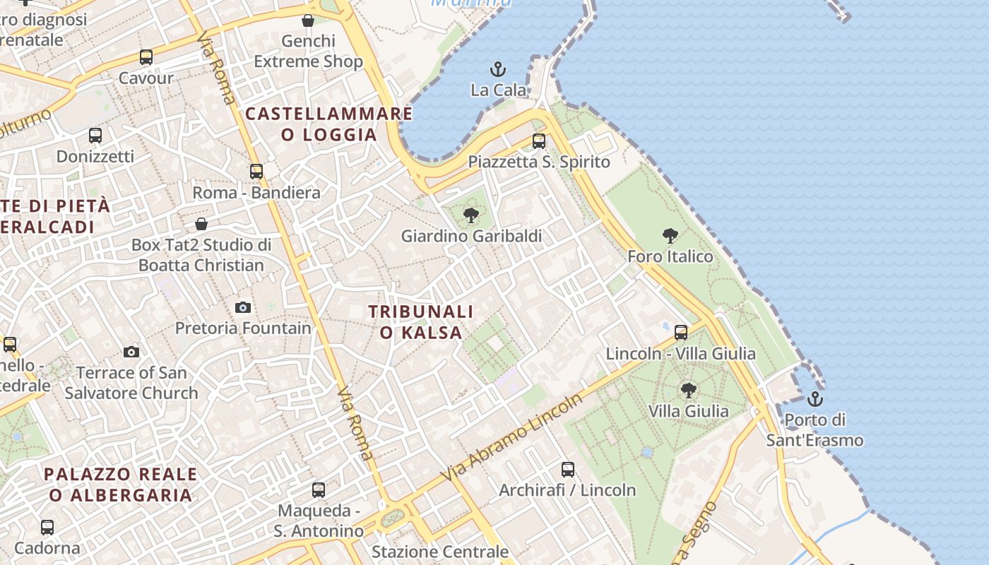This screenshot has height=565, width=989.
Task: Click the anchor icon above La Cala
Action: pyautogui.click(x=499, y=69)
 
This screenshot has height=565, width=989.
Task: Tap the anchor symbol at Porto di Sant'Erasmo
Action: pyautogui.click(x=815, y=399)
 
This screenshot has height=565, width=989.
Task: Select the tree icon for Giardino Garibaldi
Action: pyautogui.click(x=471, y=215)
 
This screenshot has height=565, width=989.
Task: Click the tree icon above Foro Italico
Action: pyautogui.click(x=670, y=236)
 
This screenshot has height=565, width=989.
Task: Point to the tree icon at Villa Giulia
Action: pyautogui.click(x=689, y=390)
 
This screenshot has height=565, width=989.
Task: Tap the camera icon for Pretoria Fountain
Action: pyautogui.click(x=243, y=307)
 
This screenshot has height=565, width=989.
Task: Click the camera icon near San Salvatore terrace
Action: pyautogui.click(x=131, y=352)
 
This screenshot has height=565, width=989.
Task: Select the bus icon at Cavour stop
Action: pyautogui.click(x=146, y=57)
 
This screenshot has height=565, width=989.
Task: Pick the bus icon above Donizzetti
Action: pyautogui.click(x=95, y=135)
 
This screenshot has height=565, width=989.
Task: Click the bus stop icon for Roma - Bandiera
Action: pyautogui.click(x=256, y=171)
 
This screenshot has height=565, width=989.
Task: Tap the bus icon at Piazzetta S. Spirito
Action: pyautogui.click(x=539, y=141)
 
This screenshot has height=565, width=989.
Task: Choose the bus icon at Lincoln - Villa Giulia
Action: pyautogui.click(x=681, y=332)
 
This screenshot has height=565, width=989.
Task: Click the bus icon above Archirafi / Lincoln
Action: pyautogui.click(x=568, y=469)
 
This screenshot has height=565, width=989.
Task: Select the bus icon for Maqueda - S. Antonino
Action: pyautogui.click(x=319, y=489)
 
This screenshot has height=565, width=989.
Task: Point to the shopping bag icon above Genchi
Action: pyautogui.click(x=308, y=20)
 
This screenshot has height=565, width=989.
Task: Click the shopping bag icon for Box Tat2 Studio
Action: pyautogui.click(x=201, y=224)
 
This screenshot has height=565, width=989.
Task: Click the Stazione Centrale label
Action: pyautogui.click(x=440, y=552)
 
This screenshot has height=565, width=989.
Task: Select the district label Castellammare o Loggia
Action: pyautogui.click(x=329, y=124)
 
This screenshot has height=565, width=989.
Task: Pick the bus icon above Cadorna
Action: pyautogui.click(x=47, y=527)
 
